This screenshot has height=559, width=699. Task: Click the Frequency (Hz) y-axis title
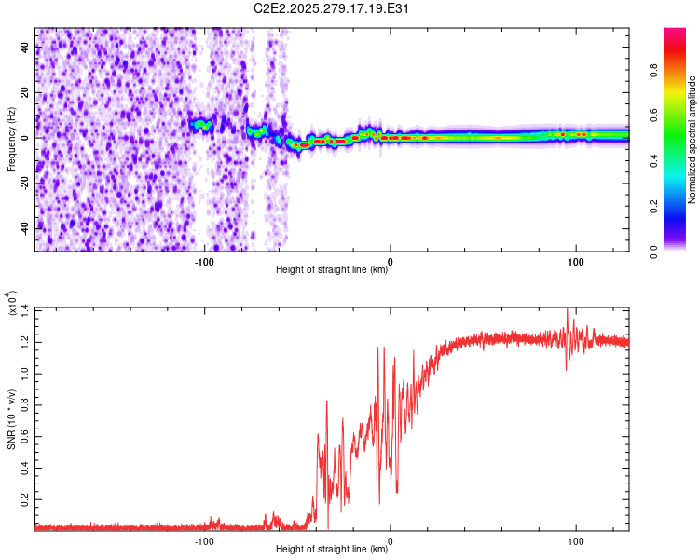[11, 138]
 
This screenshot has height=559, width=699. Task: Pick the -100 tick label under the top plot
[204, 262]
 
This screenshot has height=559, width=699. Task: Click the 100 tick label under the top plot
[576, 262]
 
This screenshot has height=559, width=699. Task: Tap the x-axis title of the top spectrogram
[333, 271]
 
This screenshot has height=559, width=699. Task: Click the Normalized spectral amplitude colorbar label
[692, 140]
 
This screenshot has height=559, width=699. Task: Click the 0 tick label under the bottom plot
[391, 541]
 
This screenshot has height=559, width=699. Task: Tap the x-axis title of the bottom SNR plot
[333, 551]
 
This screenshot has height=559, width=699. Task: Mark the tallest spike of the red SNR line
[568, 311]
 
